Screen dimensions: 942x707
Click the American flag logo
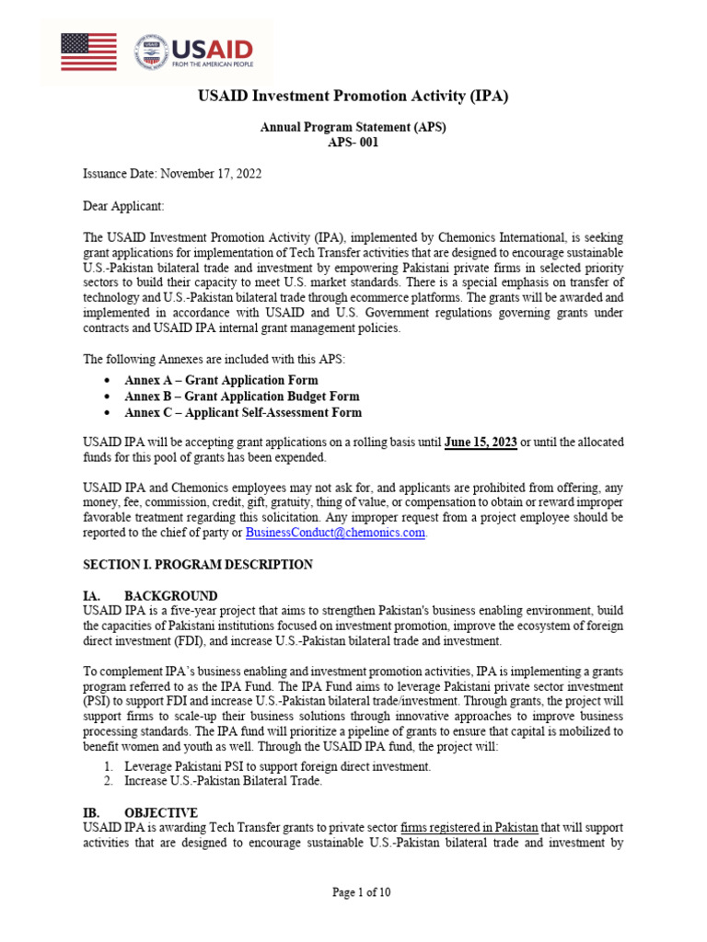coord(88,52)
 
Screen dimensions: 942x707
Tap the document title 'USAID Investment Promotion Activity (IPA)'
coord(353,96)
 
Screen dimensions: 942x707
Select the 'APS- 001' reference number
coord(353,143)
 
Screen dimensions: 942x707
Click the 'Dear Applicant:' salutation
coord(123,205)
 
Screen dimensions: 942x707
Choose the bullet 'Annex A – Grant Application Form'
coord(221,380)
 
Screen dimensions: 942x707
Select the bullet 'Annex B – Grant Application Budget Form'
coord(241,396)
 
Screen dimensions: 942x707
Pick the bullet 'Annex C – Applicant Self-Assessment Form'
coord(243,413)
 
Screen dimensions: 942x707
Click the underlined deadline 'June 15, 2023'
coord(481,442)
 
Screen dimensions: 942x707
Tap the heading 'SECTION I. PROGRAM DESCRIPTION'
coord(198,564)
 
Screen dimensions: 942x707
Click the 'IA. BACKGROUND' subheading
coord(150,595)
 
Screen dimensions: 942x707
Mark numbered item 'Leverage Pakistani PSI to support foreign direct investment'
coord(277,766)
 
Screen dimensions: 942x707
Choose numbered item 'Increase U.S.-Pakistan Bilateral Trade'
coord(225,781)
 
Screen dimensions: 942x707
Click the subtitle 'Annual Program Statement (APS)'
coord(353,127)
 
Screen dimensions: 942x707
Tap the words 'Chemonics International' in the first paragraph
coord(476,236)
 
